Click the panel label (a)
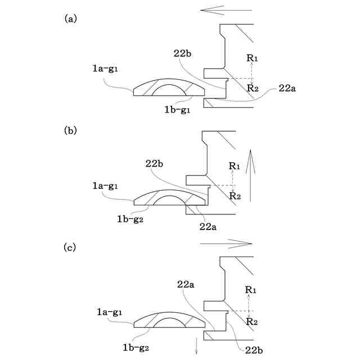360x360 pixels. [71, 18]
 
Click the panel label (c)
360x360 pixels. [71, 247]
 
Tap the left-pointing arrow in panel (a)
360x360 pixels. [218, 10]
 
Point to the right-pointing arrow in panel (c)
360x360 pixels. [226, 243]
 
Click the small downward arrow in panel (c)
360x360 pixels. [197, 346]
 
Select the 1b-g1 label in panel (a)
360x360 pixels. [175, 110]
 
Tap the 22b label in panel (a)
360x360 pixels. [183, 52]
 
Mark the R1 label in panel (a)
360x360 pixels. [252, 57]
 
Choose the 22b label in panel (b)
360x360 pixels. [156, 164]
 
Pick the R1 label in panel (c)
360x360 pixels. [251, 290]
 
